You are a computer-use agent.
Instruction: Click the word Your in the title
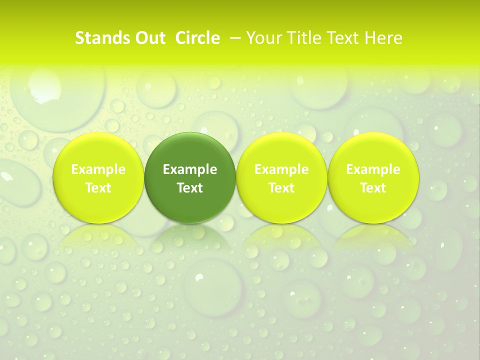(263, 38)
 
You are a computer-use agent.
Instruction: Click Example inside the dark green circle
(190, 169)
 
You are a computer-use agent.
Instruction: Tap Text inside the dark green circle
(190, 188)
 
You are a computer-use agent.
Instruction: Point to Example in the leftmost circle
(98, 169)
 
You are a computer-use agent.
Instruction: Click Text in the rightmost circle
(373, 188)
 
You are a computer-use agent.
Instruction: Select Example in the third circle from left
(281, 169)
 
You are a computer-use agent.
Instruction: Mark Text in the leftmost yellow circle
(98, 188)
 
